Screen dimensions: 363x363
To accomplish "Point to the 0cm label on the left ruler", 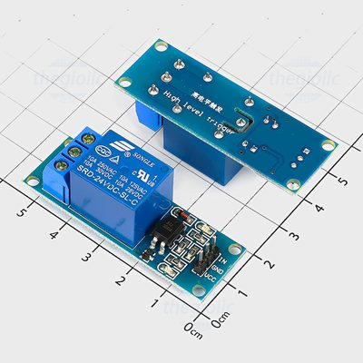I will tap(193, 327).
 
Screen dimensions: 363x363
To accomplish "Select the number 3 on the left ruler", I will tap(87, 258).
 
